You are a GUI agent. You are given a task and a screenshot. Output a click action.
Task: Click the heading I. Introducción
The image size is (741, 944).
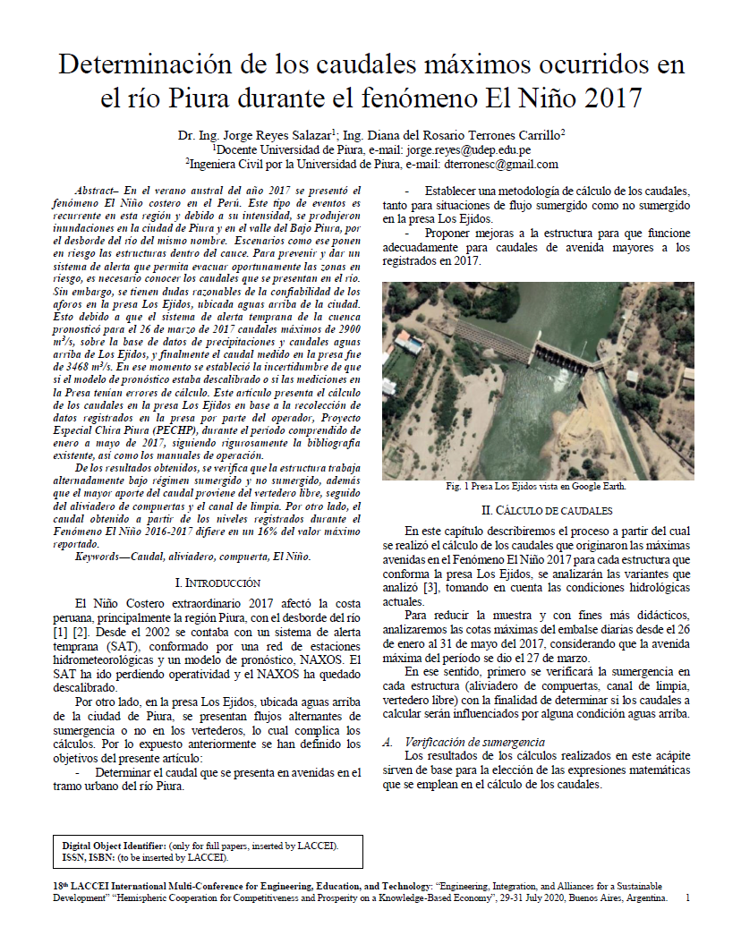[217, 582]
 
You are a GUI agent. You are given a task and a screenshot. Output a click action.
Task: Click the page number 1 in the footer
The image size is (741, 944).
[687, 897]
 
